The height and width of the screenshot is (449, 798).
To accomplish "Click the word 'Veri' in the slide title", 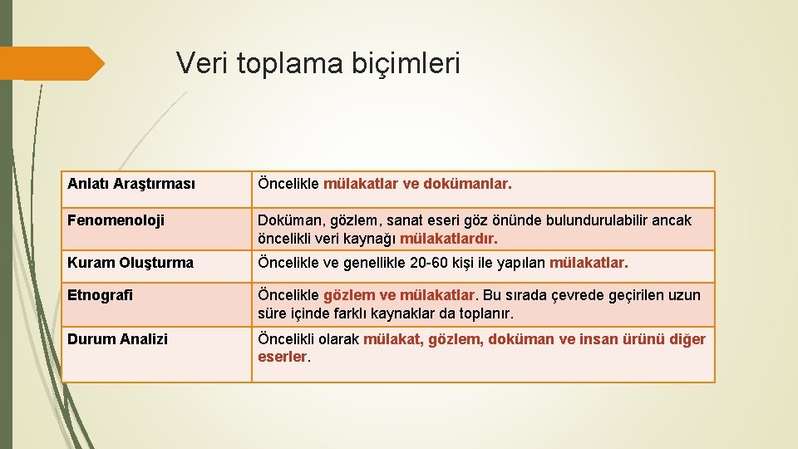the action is (202, 63).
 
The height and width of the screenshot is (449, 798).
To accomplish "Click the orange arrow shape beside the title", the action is (52, 64).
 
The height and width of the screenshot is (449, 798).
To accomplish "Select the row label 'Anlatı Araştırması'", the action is (131, 184).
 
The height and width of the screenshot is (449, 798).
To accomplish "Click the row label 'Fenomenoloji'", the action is (116, 220).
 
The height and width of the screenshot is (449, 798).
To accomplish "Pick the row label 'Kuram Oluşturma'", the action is (131, 263).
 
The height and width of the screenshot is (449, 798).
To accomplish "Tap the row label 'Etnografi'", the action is (100, 295).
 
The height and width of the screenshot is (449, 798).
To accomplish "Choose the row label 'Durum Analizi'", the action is (117, 339).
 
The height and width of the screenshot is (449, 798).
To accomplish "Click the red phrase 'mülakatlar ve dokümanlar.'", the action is (417, 184).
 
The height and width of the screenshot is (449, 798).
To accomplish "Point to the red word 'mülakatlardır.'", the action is (449, 239).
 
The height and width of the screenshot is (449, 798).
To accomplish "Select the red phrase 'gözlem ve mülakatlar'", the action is (399, 295).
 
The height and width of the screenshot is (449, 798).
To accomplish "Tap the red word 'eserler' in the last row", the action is (282, 357).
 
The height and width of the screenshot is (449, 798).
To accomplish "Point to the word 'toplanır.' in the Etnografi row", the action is (486, 313).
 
